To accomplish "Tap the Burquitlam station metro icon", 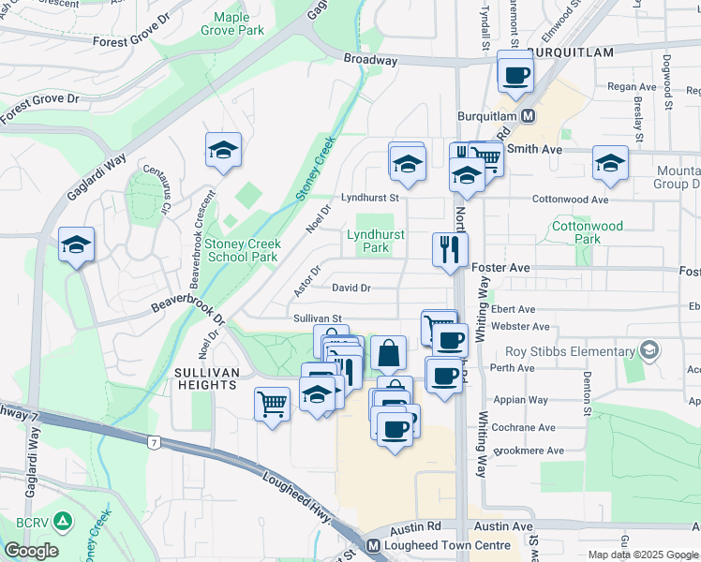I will click(529, 116).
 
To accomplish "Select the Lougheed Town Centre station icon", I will click(373, 545).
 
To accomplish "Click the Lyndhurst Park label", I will click(376, 242).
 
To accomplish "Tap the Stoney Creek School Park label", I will click(242, 250).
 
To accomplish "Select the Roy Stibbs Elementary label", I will click(570, 351).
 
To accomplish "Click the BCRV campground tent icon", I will click(63, 519).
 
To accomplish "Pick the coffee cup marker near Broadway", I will click(515, 74).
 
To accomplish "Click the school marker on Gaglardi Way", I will click(76, 245).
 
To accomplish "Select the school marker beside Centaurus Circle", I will click(223, 150).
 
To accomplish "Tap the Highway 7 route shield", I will click(153, 440).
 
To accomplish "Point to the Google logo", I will click(31, 551).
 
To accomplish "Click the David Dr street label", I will click(351, 288).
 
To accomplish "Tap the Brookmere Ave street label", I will click(529, 451).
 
